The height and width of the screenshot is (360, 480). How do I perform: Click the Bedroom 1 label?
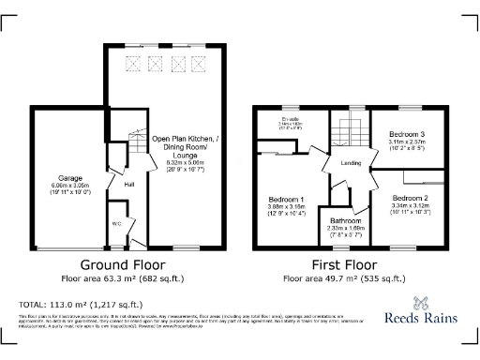(x=286, y=200)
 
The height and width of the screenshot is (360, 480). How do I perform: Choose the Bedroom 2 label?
(x=410, y=199)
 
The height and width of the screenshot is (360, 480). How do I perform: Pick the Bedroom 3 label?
(x=407, y=135)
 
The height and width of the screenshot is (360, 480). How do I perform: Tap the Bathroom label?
(x=346, y=220)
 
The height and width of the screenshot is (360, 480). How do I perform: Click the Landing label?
(x=351, y=164)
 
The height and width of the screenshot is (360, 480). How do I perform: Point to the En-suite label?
(x=289, y=120)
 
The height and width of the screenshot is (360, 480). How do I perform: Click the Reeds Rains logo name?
(x=424, y=317)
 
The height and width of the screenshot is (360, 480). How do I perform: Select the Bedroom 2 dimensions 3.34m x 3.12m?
(x=410, y=208)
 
